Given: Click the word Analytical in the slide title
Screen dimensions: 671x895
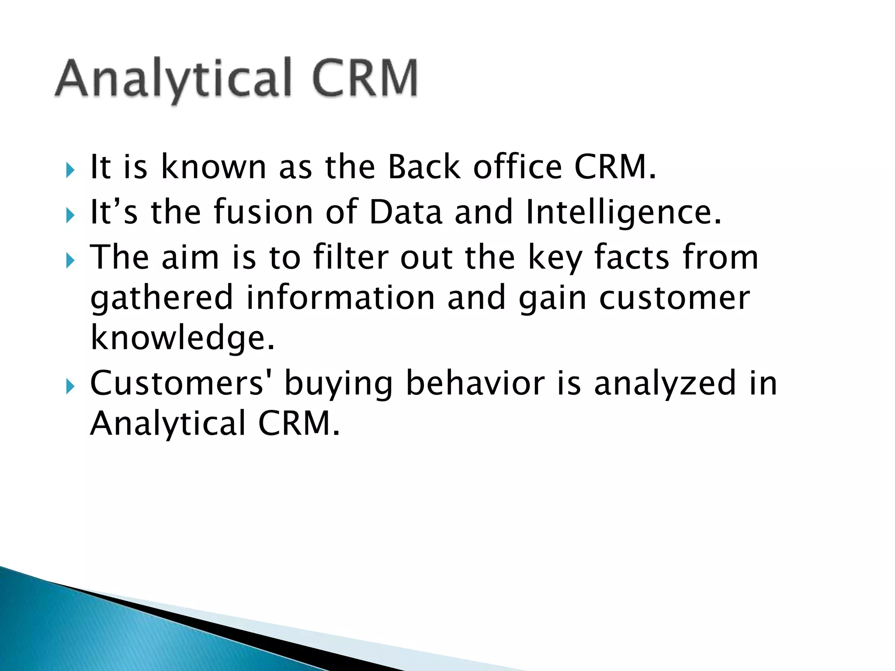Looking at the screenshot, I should coord(173,79).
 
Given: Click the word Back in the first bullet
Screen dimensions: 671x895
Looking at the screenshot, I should coord(423,167).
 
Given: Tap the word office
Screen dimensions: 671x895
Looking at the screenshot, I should coord(517,167).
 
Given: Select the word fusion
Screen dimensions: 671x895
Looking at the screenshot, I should coord(263,212).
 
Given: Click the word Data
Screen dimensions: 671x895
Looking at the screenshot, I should coord(406,212).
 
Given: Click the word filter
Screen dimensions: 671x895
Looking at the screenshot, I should coord(350,257).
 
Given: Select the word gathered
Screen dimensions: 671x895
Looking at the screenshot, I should coord(162,298).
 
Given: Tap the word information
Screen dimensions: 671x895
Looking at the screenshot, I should coord(340,297).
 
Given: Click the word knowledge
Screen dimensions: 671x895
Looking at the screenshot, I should coord(182,339).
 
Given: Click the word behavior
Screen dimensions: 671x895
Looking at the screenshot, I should coord(475,383).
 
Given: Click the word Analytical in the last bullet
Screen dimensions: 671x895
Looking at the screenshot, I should coord(168,424).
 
